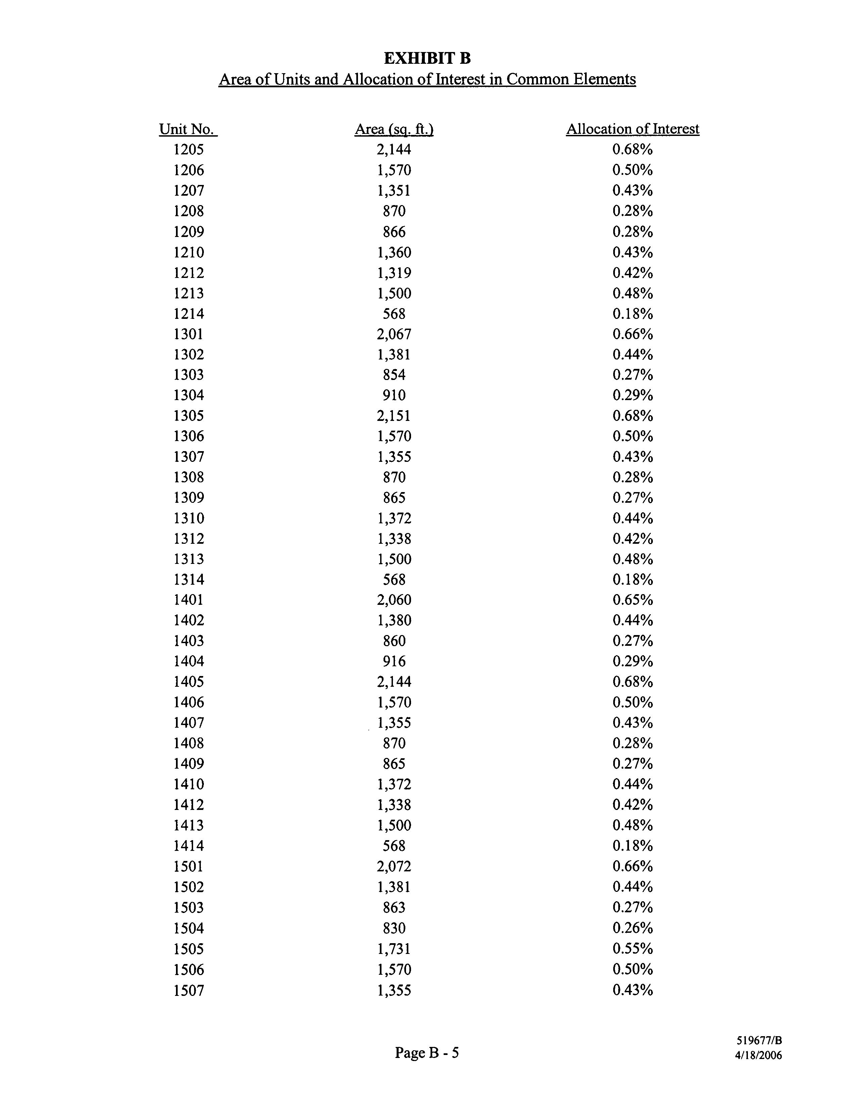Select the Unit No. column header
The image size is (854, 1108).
(x=188, y=129)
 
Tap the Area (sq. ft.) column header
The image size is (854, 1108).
(x=394, y=129)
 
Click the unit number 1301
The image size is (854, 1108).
(x=188, y=334)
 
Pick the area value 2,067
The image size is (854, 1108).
(x=394, y=334)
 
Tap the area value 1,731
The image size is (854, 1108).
(x=394, y=949)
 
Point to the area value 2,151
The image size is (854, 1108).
(x=394, y=416)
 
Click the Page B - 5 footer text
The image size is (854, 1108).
(x=426, y=1053)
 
